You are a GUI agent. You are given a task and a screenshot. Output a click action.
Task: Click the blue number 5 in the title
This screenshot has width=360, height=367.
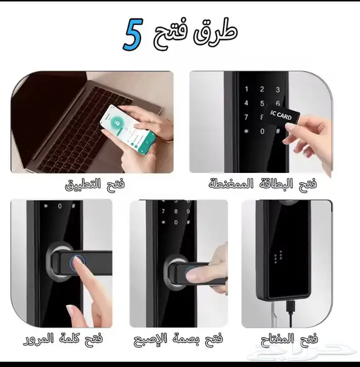(x=132, y=35)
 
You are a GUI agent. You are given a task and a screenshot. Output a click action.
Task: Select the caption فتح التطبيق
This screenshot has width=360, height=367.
(x=95, y=184)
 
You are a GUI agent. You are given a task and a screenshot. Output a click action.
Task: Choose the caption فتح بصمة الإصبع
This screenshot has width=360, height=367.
(x=178, y=340)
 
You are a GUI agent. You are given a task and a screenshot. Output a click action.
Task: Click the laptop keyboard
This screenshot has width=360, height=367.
(x=77, y=118)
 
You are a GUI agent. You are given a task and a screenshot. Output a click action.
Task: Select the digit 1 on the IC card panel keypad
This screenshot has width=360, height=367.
(x=246, y=89)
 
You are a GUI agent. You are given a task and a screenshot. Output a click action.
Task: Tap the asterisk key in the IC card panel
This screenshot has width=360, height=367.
(x=246, y=131)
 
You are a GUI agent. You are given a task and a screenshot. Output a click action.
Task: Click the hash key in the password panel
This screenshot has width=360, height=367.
(x=74, y=206)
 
